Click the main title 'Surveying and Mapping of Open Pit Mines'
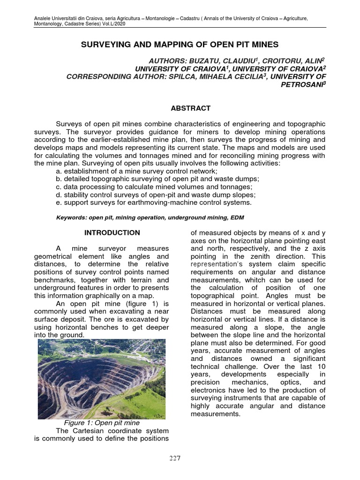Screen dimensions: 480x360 [x=180, y=45]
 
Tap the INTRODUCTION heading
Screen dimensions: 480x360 [x=112, y=232]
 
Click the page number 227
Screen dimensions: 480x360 [x=175, y=458]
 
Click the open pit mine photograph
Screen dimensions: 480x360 [x=102, y=379]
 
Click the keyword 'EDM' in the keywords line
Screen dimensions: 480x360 [x=238, y=218]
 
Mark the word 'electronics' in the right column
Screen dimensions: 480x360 [x=210, y=390]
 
